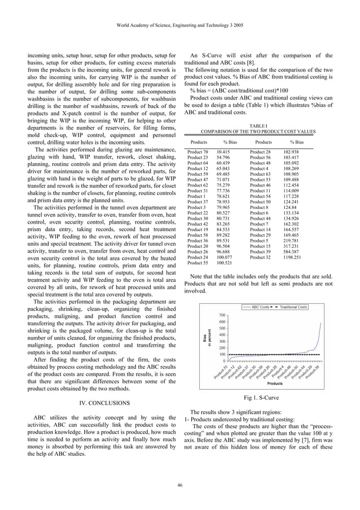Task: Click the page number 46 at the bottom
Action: [179, 484]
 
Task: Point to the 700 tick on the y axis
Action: [223, 315]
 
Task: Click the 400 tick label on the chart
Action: [223, 335]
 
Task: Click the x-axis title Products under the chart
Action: [275, 383]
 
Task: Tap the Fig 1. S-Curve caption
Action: [258, 398]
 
